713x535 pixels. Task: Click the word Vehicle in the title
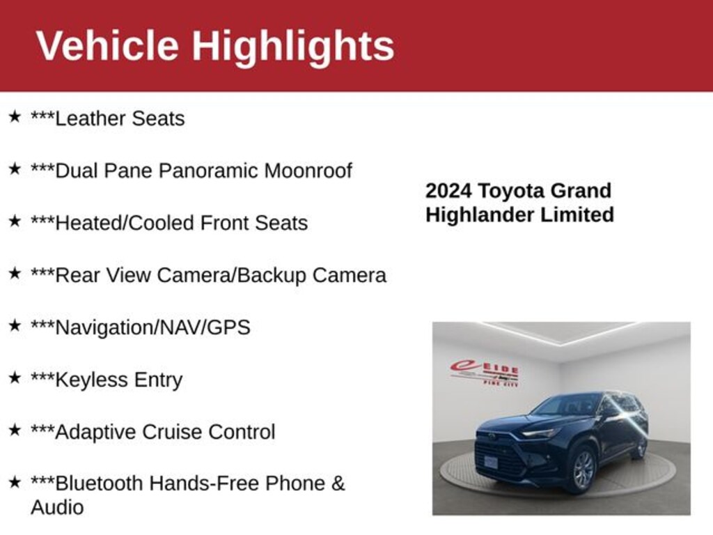(107, 46)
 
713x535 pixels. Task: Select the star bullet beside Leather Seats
(14, 116)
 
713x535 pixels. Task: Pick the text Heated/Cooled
(125, 223)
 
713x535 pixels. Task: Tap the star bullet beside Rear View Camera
(14, 273)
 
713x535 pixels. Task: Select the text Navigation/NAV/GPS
(152, 327)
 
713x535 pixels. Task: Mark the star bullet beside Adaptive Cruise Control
(14, 430)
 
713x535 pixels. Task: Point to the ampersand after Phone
(338, 483)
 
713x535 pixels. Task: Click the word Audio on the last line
(57, 507)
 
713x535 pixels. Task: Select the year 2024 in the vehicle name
(450, 191)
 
